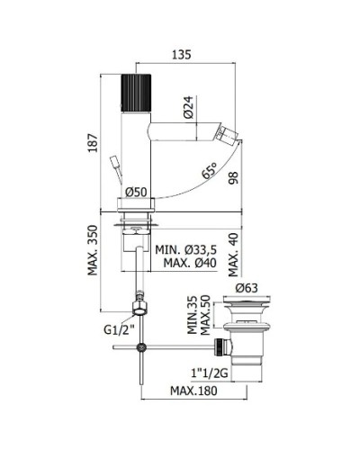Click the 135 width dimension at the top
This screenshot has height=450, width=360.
point(182,55)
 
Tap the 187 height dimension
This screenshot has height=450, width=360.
point(93,143)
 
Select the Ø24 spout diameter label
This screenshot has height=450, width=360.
point(189,107)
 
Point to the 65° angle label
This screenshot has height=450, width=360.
point(209,170)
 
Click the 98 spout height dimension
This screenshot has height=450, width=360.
point(233,177)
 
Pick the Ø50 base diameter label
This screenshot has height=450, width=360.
point(136,192)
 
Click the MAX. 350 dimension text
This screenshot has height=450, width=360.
point(93,250)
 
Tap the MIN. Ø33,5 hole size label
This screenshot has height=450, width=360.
point(185,249)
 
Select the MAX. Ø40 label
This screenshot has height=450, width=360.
point(190,263)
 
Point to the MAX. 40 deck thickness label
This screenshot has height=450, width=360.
point(233,255)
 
